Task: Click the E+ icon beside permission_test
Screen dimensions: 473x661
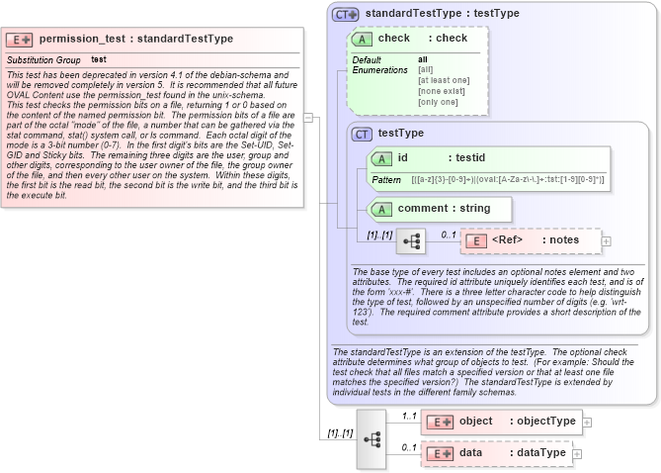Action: pos(20,40)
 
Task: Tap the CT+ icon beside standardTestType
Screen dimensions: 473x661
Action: pos(345,14)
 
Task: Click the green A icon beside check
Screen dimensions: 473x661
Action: pos(364,39)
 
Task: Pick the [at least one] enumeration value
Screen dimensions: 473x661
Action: pos(444,80)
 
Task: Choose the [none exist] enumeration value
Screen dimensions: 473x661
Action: pos(442,91)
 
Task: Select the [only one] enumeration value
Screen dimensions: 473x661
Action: pos(438,102)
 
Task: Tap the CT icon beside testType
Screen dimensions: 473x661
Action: pos(363,134)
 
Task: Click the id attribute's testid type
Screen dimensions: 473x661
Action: pos(469,158)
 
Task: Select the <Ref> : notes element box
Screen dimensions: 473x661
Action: pos(531,240)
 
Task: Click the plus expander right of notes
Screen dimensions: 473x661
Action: pos(607,240)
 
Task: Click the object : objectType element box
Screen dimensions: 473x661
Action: pos(501,422)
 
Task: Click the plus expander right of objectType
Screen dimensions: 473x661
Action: pos(587,422)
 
